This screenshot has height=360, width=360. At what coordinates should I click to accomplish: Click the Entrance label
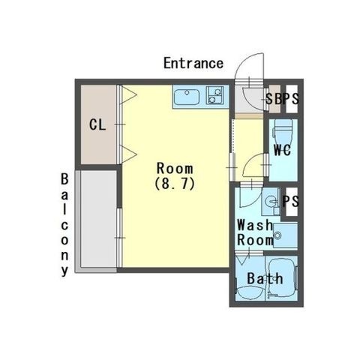193,63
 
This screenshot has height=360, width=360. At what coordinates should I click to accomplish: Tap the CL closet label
97,124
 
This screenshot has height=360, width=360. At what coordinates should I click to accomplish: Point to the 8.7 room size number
175,184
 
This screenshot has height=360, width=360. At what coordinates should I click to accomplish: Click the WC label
282,150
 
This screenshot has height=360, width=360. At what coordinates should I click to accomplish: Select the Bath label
265,278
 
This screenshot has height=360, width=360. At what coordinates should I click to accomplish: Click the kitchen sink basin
187,97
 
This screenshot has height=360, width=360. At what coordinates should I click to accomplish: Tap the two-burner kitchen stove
214,95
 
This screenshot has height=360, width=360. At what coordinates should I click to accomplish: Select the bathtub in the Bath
283,277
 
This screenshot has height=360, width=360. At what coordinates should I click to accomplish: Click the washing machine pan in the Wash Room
285,235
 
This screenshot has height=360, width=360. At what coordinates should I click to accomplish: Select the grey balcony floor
98,219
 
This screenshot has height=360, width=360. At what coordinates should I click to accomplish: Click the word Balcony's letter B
64,179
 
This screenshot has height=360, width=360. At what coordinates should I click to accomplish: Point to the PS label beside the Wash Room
290,201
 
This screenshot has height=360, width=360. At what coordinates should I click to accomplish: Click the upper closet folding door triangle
129,95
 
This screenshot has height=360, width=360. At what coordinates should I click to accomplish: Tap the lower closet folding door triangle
129,154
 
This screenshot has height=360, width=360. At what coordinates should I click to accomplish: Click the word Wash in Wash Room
254,225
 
